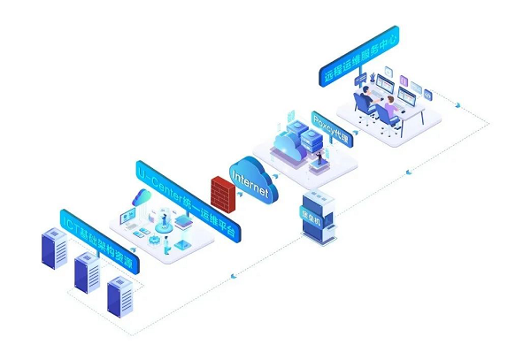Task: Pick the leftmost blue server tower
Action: pos(55,249)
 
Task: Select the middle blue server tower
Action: pos(87,272)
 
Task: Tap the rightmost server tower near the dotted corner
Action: pos(119,295)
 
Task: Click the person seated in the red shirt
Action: pos(389,109)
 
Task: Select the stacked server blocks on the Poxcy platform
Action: pos(311,136)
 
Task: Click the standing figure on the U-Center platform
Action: pos(163,218)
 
